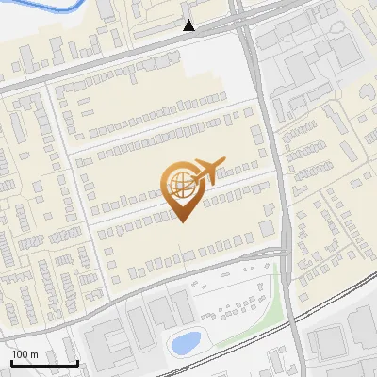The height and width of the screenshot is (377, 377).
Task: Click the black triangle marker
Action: (x=189, y=25)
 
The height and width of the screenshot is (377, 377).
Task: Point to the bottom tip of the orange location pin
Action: (x=180, y=221)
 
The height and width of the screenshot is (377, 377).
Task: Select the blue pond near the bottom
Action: (x=185, y=342)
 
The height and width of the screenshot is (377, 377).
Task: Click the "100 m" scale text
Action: (x=25, y=354)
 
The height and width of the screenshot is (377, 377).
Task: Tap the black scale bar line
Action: (x=44, y=363)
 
